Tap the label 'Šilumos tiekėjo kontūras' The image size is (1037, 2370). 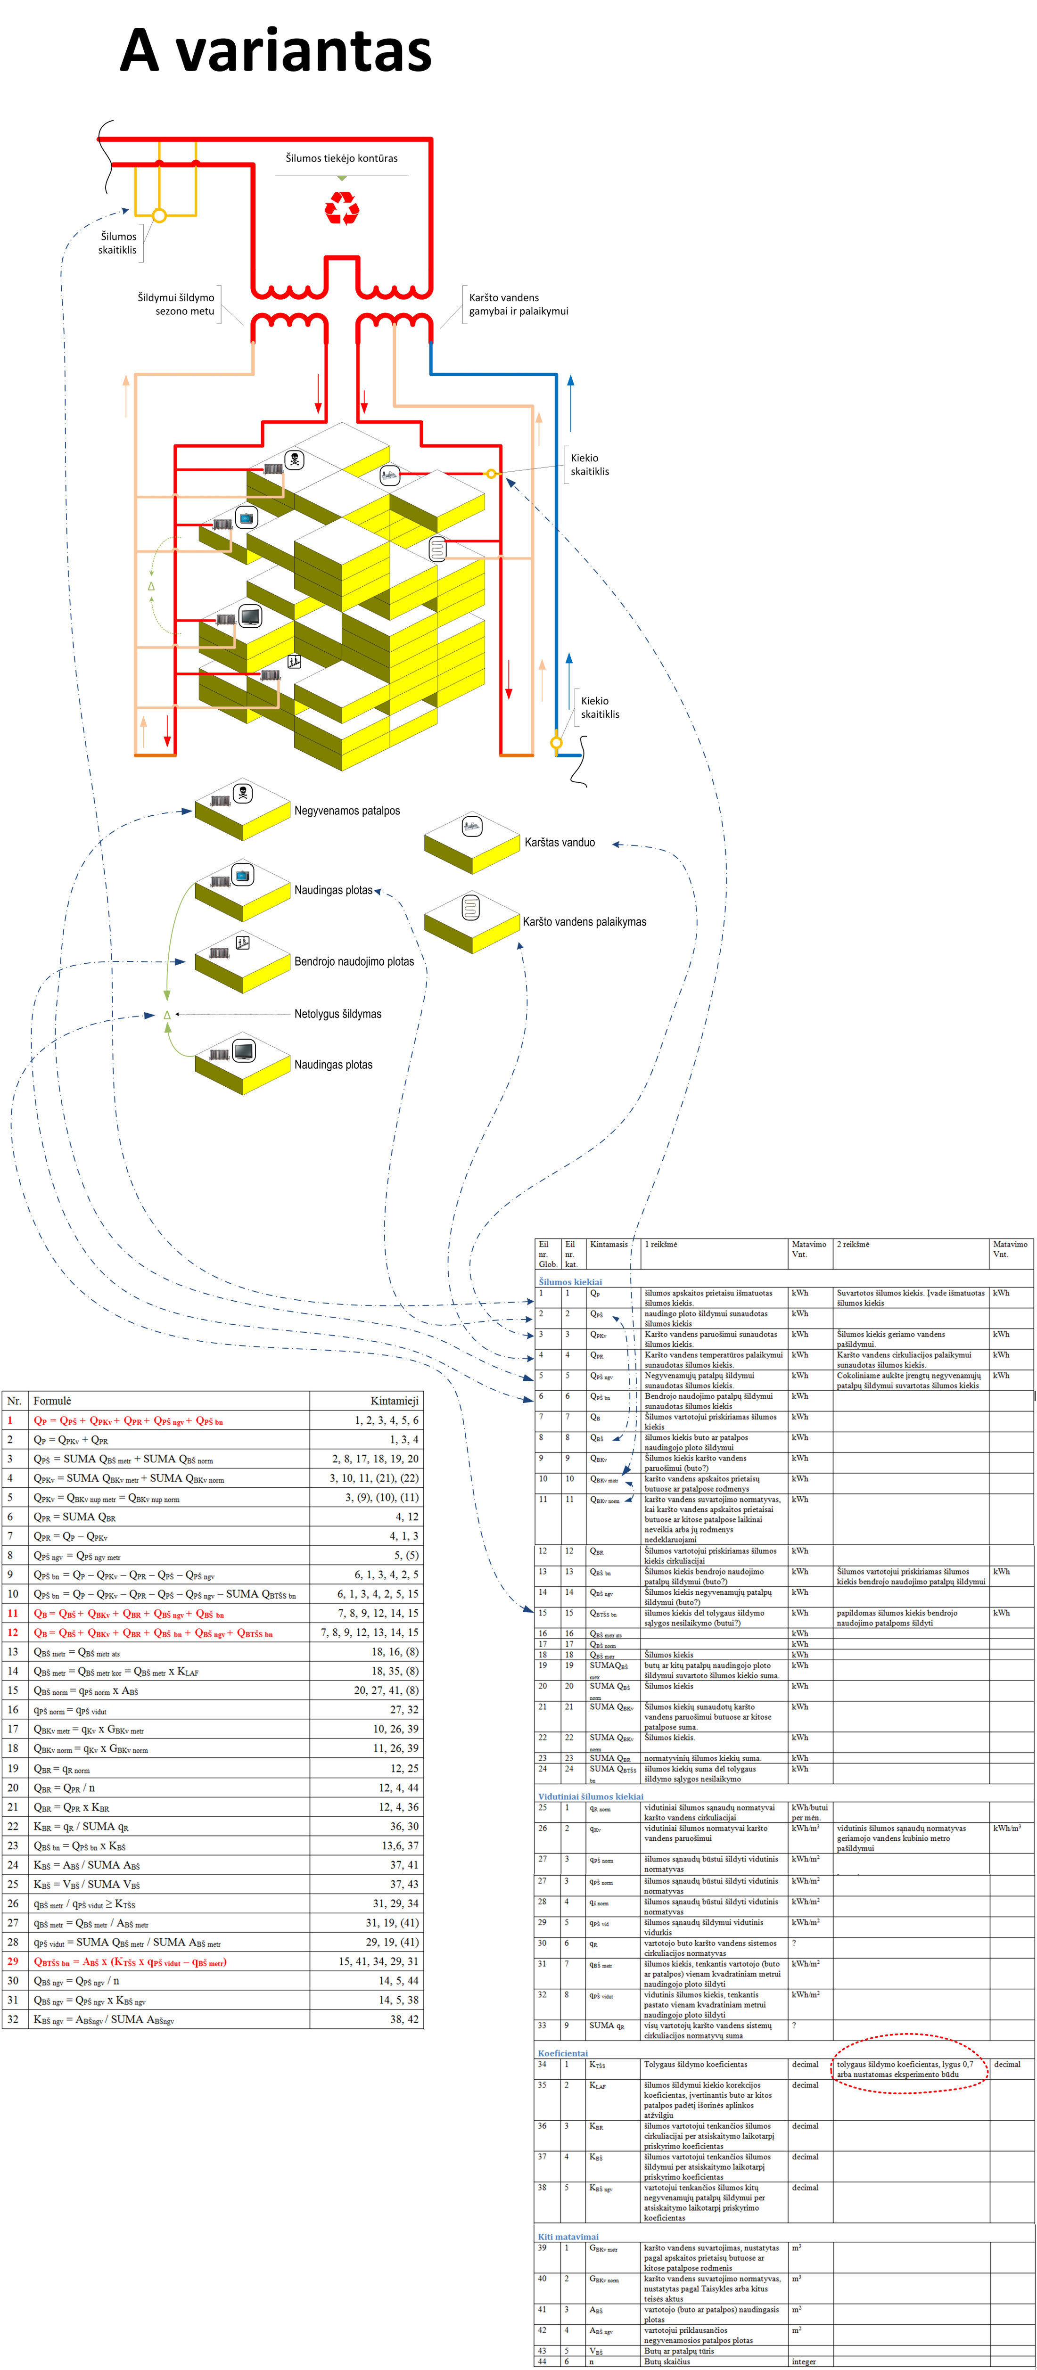pos(341,158)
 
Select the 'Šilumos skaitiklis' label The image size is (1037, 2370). pos(118,243)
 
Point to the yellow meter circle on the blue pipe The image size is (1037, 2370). pos(556,742)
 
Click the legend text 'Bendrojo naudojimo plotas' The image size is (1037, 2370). pos(354,961)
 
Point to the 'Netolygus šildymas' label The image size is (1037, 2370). pos(337,1014)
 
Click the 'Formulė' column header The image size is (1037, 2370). pos(52,1401)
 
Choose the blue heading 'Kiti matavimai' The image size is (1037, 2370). pos(568,2237)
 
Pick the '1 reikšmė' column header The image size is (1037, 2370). pos(661,1244)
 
